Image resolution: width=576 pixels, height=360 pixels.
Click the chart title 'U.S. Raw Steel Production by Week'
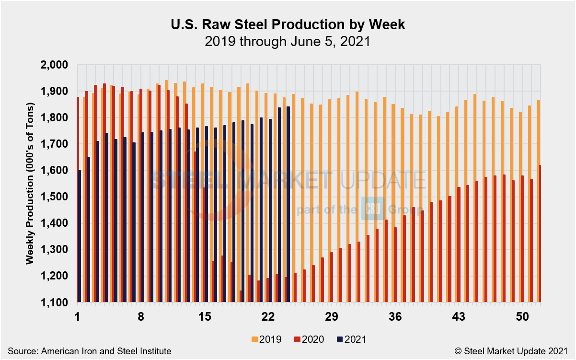click(x=288, y=25)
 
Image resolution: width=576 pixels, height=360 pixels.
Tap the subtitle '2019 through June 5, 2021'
click(x=288, y=41)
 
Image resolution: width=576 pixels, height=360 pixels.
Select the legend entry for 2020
click(x=311, y=339)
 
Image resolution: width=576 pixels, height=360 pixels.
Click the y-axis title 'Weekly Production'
click(x=30, y=183)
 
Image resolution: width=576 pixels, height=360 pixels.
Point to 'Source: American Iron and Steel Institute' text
click(x=89, y=351)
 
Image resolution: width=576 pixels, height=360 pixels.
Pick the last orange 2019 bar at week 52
click(x=537, y=201)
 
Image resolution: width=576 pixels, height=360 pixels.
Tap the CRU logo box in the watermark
click(x=370, y=209)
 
